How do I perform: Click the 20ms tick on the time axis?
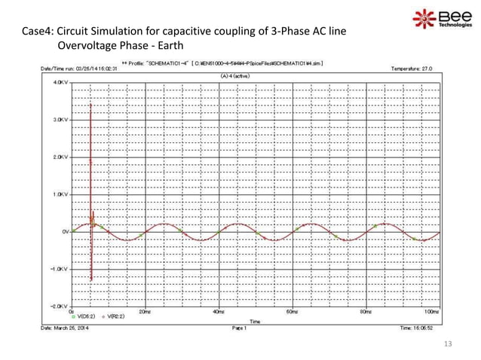[146, 311]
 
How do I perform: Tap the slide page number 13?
[450, 344]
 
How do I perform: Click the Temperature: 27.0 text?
[412, 69]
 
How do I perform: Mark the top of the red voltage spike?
[90, 105]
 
